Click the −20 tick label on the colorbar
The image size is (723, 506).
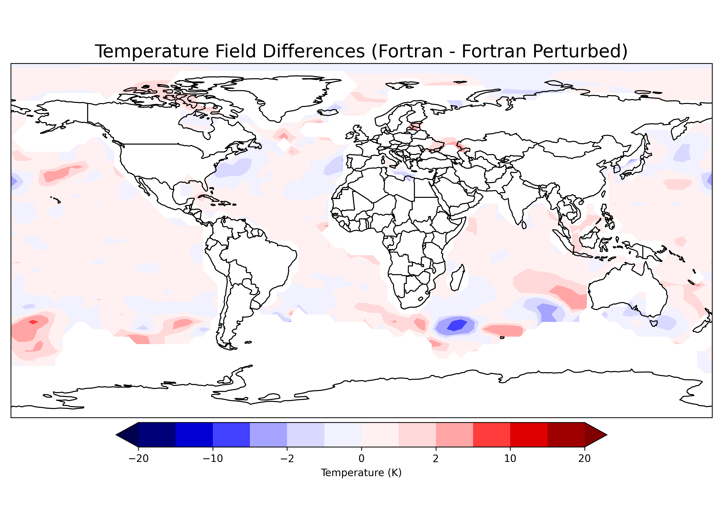click(x=138, y=459)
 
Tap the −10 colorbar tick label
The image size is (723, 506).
click(x=213, y=459)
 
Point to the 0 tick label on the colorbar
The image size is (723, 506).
click(x=361, y=459)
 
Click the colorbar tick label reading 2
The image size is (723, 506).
click(x=435, y=459)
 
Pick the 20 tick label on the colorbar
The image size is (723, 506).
click(x=584, y=459)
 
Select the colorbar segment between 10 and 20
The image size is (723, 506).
click(x=547, y=435)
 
